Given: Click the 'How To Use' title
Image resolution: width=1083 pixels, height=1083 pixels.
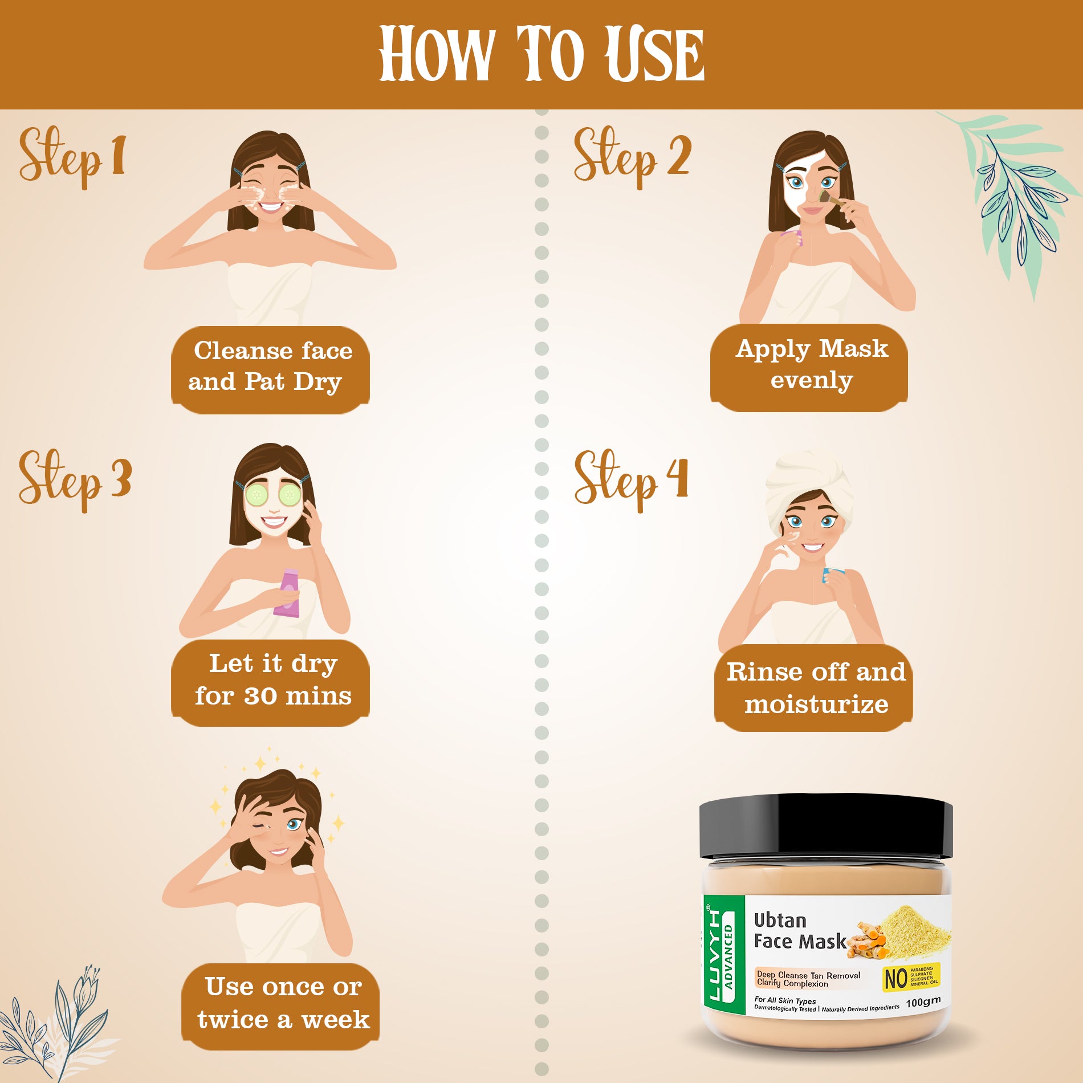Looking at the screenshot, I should tap(541, 54).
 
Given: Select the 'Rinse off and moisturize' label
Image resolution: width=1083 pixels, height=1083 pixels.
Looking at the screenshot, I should tap(814, 688).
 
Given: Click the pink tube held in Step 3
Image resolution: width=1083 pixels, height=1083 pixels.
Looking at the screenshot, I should tap(287, 593).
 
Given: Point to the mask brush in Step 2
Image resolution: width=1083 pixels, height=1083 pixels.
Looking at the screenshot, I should tap(831, 199).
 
